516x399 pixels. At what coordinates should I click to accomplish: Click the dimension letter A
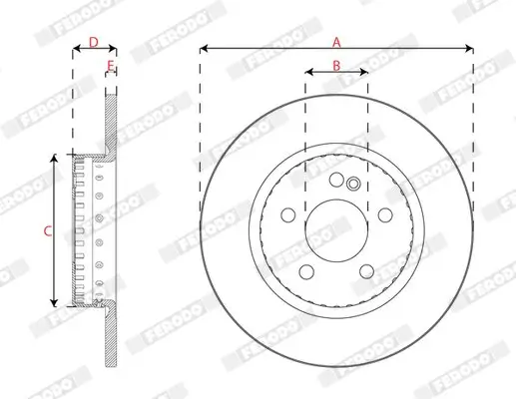[x=336, y=41]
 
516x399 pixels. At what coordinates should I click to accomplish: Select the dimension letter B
[x=336, y=65]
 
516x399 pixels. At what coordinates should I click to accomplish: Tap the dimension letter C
[x=46, y=231]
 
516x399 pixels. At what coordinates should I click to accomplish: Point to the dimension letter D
[x=92, y=41]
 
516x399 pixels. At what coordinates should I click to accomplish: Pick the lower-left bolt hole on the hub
[x=306, y=271]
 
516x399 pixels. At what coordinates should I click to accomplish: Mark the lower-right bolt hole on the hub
[x=366, y=271]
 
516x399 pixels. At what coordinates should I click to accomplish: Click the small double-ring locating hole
[x=352, y=183]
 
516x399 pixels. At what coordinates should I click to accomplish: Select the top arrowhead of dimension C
[x=53, y=157]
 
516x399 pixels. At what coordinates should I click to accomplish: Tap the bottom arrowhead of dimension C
[x=53, y=305]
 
